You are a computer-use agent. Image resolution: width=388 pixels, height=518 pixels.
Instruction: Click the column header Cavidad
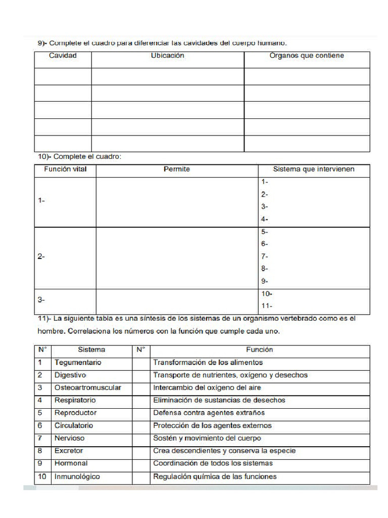click(x=63, y=56)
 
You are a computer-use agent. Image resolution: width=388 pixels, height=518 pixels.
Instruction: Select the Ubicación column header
click(x=167, y=56)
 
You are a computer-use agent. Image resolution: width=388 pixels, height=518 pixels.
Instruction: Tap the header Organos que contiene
click(x=307, y=56)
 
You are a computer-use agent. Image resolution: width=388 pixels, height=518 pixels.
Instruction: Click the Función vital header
click(x=65, y=169)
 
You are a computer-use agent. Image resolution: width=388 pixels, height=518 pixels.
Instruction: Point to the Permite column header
click(x=177, y=169)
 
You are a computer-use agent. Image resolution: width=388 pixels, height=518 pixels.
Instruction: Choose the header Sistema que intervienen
click(x=314, y=169)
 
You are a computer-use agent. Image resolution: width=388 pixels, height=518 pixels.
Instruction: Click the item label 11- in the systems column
click(x=267, y=306)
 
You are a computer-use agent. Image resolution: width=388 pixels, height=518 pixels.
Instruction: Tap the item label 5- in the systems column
click(x=265, y=232)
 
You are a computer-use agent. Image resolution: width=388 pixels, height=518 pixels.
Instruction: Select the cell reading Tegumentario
click(x=78, y=362)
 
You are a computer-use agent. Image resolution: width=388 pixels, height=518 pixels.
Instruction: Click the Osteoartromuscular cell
click(x=87, y=387)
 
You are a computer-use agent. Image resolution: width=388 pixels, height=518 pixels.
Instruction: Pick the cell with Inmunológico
click(x=77, y=477)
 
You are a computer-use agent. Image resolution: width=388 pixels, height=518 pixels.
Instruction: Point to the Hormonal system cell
click(x=71, y=463)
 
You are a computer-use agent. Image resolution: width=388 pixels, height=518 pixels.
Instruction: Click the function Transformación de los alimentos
click(x=208, y=362)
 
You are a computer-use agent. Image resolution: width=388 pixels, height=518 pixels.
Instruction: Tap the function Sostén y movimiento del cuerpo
click(x=207, y=438)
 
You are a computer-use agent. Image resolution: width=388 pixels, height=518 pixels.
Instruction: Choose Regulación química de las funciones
click(x=215, y=477)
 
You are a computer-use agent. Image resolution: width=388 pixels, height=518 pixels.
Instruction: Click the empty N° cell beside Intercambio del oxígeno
click(x=141, y=387)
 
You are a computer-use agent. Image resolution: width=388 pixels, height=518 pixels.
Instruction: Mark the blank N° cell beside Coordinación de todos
click(x=141, y=463)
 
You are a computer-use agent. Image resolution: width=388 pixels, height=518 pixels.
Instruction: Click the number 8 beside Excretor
click(x=40, y=450)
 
